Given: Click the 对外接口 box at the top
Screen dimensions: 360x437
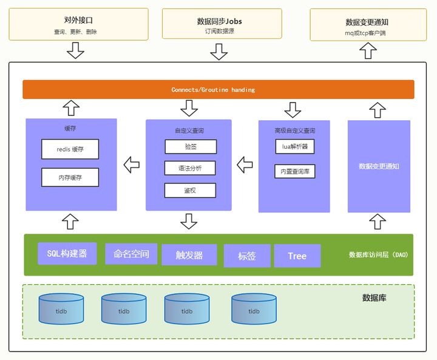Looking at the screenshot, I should pos(78,24).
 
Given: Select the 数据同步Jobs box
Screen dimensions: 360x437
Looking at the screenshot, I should pos(219,24).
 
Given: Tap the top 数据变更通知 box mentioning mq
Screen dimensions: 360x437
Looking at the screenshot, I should pos(367,25).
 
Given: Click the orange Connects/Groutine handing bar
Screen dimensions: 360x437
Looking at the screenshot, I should pos(218,89).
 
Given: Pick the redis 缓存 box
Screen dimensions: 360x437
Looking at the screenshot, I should pos(70,149).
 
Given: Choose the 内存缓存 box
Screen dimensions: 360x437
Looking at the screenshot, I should pos(70,177).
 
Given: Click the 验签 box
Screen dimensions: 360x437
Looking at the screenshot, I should pos(190,146).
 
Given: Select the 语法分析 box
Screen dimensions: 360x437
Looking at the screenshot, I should pos(190,168).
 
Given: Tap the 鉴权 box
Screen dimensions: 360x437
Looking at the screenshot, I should pos(190,191).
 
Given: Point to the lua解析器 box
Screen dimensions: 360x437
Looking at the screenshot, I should pos(294,146).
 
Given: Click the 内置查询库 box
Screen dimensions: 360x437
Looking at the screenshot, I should pos(294,171).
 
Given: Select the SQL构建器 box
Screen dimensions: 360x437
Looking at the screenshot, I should pos(67,253).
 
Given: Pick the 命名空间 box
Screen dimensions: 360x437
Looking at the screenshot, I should pos(131,254).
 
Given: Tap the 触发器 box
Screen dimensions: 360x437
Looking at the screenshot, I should pos(189,255).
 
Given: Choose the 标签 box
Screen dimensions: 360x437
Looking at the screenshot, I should pos(246,256).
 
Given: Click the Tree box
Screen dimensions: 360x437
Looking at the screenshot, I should pos(297,256).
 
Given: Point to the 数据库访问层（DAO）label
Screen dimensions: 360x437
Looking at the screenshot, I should pos(379,254).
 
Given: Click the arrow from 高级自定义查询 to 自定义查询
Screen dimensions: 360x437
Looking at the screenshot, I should pos(245,164).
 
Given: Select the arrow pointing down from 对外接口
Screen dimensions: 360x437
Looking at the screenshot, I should pos(75,51).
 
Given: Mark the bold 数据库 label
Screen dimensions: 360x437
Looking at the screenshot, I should pos(374,297).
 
